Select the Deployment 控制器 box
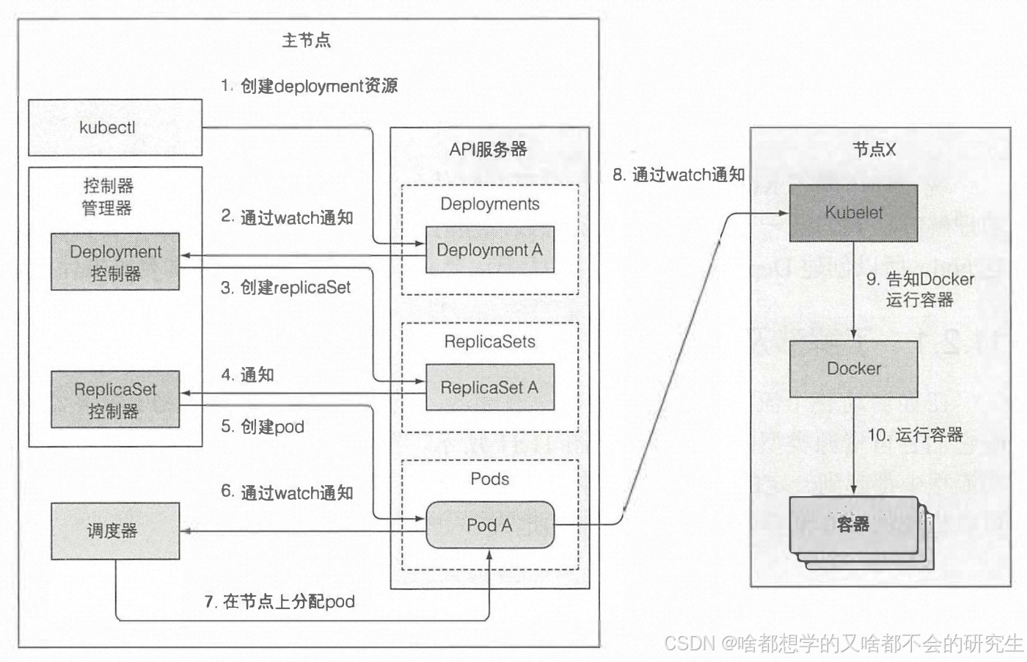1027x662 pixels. tap(115, 262)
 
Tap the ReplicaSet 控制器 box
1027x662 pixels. tap(115, 400)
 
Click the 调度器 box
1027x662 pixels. tap(115, 531)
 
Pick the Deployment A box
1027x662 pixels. tap(489, 250)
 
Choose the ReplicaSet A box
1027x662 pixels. tap(489, 388)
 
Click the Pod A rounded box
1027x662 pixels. tap(489, 525)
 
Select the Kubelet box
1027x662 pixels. tap(853, 213)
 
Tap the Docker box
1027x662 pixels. tap(853, 368)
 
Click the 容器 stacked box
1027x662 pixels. tap(853, 524)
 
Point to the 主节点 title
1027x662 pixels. tap(306, 40)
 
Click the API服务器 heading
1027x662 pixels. tap(489, 150)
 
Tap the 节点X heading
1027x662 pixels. tap(874, 150)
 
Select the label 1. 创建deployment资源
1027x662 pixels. tap(309, 86)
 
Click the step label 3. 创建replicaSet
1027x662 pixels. tap(286, 288)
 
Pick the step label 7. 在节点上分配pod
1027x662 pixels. tap(279, 602)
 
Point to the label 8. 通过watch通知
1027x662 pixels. tap(679, 175)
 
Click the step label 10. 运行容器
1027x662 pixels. tap(915, 434)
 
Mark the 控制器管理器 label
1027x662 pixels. tap(108, 197)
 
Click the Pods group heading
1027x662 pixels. tap(489, 479)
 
